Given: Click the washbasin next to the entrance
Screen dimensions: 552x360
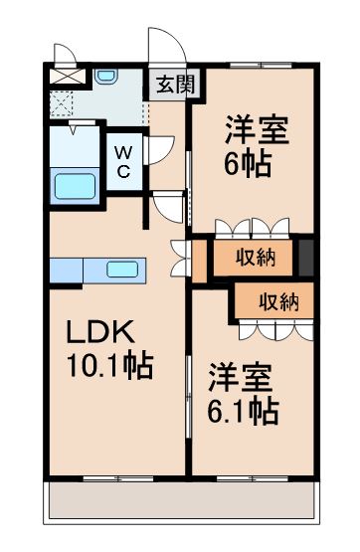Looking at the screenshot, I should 108,77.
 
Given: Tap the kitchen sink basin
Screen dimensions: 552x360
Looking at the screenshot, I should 123,270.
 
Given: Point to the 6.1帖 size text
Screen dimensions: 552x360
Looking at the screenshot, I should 243,408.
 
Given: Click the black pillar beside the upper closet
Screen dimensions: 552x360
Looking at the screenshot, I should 307,258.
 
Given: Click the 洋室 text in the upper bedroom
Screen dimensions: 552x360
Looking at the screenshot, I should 257,130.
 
